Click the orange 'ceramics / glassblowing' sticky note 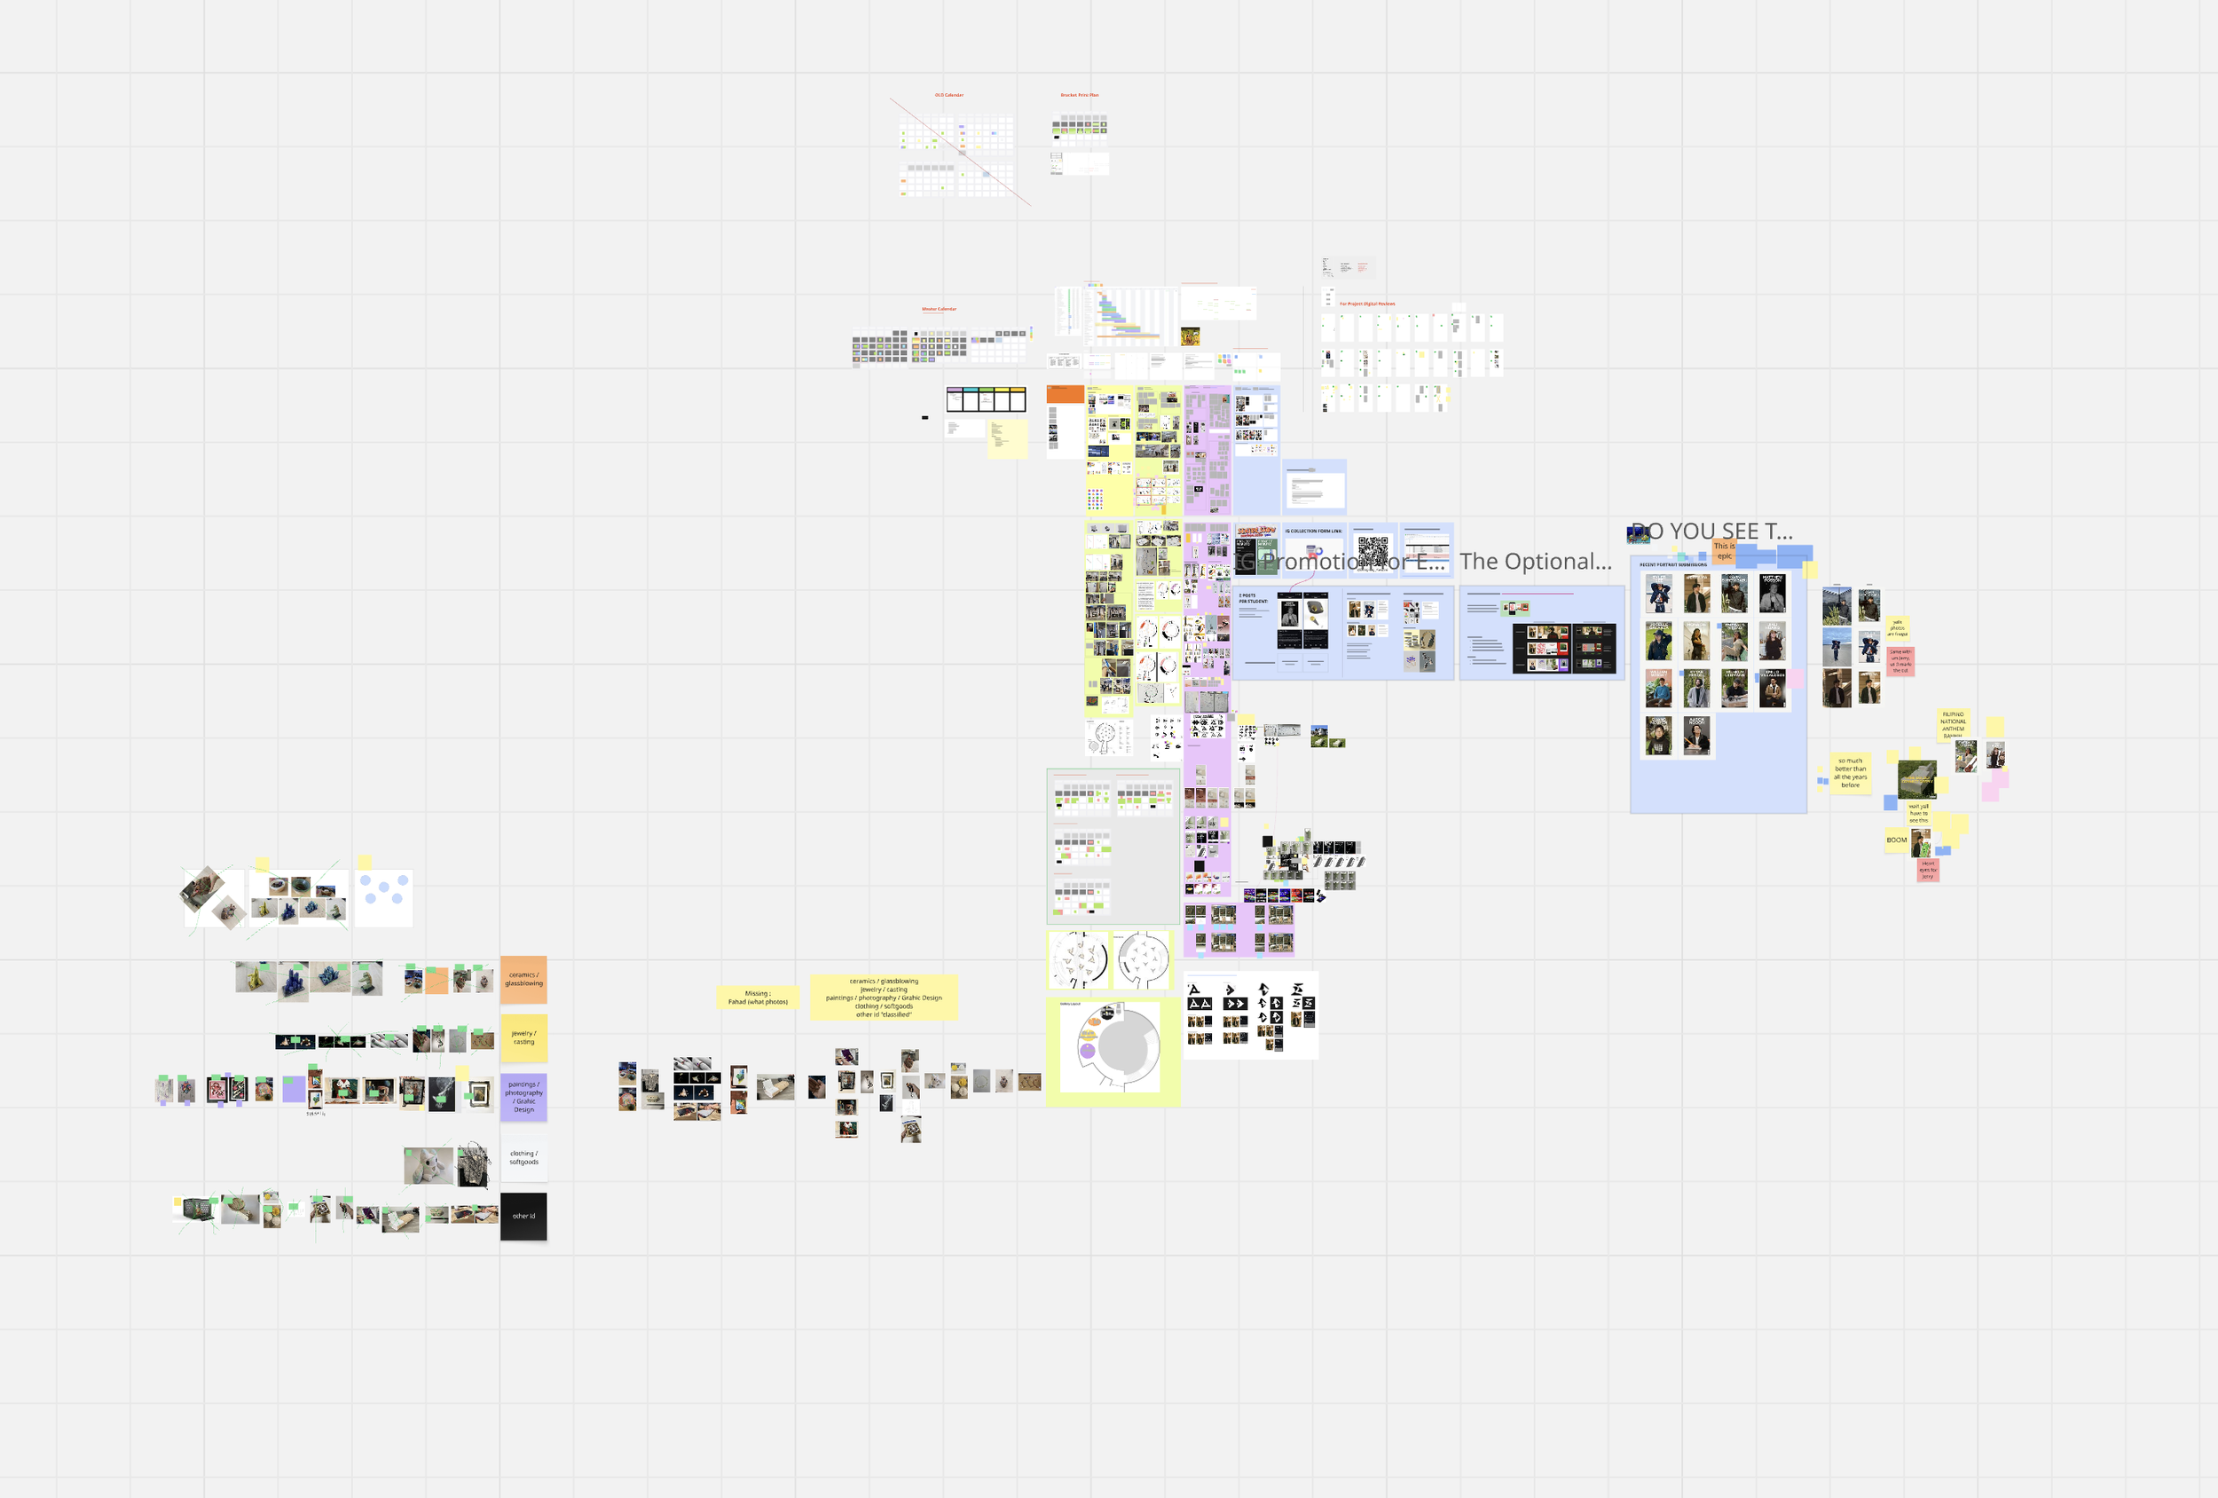[x=523, y=980]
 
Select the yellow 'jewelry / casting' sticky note [x=523, y=1037]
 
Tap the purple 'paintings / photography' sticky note [x=524, y=1096]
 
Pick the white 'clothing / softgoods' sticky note [x=523, y=1157]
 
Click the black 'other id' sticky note [x=523, y=1217]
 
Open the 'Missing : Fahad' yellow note [x=758, y=997]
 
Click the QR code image [x=1373, y=551]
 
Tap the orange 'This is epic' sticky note [x=1724, y=551]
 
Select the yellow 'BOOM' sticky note [x=1895, y=840]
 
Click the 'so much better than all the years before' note [x=1850, y=772]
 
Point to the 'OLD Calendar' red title [x=948, y=96]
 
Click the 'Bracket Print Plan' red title [x=1080, y=96]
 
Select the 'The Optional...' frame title [x=1535, y=562]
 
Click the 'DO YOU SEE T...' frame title [x=1712, y=531]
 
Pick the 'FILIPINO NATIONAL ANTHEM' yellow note [x=1953, y=723]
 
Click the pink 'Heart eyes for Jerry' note [x=1928, y=870]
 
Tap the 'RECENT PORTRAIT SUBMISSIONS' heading [x=1673, y=565]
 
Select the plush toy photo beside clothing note [x=428, y=1166]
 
